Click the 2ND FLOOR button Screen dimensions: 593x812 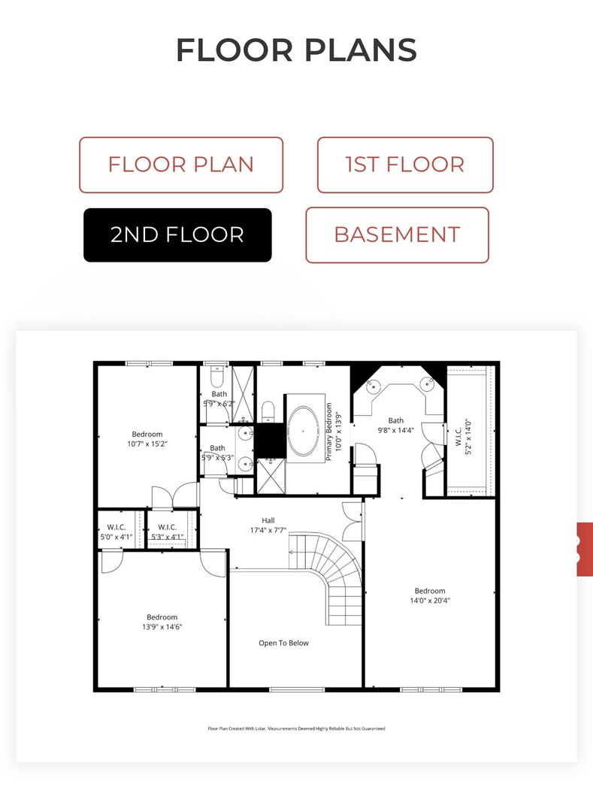(177, 235)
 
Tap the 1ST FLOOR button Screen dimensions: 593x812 (405, 165)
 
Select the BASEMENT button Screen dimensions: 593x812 (397, 235)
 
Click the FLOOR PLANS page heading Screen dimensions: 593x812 (296, 50)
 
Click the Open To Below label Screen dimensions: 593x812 (283, 643)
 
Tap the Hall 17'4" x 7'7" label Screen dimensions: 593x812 (268, 525)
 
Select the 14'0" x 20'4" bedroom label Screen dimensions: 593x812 (430, 595)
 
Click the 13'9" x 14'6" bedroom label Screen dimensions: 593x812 (162, 622)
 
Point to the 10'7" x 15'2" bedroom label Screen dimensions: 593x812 (147, 439)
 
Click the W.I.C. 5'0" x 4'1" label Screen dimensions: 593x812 (116, 532)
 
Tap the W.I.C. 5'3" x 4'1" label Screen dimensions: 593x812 (167, 532)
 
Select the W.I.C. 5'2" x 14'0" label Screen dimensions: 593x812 (463, 437)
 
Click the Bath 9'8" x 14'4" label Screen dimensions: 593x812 (396, 425)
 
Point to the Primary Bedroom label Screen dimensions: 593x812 (333, 432)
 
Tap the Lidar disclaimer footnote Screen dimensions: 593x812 (296, 729)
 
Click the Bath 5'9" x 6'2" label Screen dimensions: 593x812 (219, 398)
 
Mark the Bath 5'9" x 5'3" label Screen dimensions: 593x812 (217, 453)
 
